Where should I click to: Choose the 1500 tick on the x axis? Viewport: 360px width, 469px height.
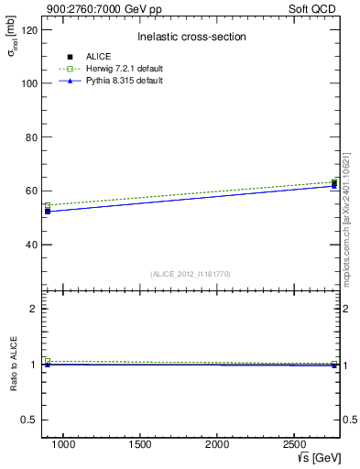140,444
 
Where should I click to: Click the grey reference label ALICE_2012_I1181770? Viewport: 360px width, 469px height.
191,274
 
